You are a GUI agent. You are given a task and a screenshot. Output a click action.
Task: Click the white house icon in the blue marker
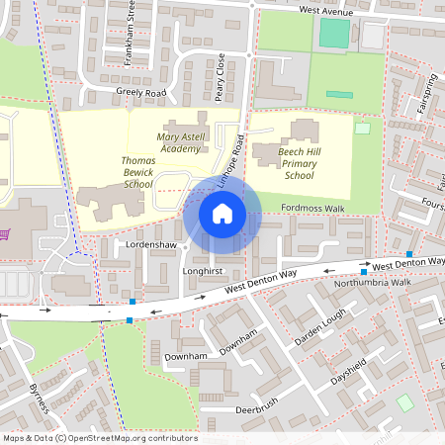tap(222, 213)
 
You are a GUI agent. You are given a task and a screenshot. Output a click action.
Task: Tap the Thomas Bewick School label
tap(137, 170)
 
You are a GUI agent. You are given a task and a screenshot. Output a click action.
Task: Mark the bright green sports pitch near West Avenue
tap(335, 34)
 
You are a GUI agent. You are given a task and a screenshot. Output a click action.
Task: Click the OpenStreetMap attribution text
tap(99, 438)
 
